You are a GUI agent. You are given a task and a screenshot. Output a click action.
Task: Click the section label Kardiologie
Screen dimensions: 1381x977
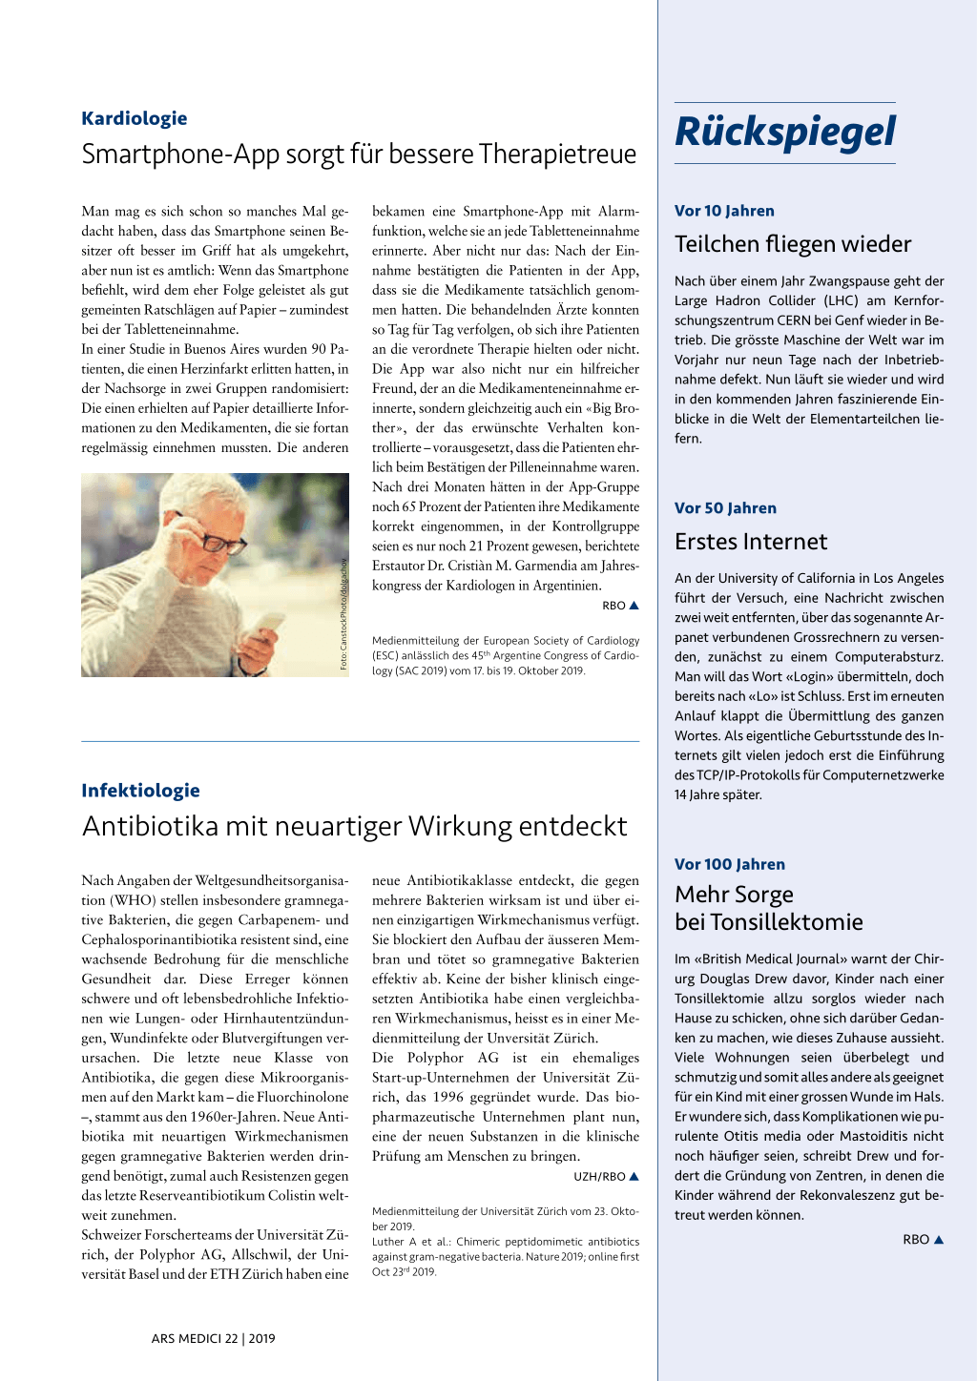[134, 118]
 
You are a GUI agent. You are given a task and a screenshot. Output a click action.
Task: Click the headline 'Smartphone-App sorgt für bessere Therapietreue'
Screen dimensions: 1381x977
[359, 155]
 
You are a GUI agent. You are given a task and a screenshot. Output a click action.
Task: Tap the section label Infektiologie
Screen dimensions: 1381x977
[140, 790]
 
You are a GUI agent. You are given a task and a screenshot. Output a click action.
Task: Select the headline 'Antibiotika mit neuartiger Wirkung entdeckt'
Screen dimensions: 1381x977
[355, 826]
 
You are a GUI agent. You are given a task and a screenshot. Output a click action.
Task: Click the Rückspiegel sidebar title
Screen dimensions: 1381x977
[785, 133]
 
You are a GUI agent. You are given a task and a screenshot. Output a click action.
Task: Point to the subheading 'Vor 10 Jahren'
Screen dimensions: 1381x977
[724, 211]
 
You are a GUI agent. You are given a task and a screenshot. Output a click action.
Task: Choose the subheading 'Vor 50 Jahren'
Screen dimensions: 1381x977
[725, 508]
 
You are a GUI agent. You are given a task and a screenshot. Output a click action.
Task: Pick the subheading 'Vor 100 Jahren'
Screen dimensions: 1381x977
[730, 864]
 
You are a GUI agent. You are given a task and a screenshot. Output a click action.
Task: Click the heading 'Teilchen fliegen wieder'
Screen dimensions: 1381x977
[793, 244]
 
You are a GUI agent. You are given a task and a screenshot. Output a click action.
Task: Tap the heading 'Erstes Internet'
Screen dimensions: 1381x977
[751, 542]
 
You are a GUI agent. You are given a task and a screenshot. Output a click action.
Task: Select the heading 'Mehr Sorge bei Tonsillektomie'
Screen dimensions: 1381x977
[768, 908]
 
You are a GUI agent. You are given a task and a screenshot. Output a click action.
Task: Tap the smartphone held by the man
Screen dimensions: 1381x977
[270, 626]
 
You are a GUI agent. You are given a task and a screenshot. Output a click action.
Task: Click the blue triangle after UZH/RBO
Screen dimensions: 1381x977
[634, 1176]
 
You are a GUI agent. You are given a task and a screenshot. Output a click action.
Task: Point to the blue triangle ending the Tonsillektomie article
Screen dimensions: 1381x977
[939, 1239]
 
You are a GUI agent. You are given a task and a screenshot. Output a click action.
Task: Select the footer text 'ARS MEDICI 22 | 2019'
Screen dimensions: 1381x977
[213, 1338]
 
